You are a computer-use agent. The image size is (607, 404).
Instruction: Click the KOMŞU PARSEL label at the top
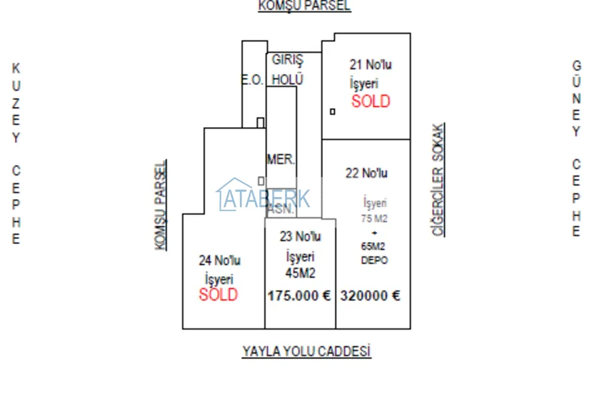click(304, 6)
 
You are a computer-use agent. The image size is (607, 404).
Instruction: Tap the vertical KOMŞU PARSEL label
click(161, 204)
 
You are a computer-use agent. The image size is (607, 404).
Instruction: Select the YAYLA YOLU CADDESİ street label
click(306, 351)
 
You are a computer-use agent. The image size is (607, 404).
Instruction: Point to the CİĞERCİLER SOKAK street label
click(438, 179)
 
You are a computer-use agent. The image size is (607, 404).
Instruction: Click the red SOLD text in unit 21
click(371, 101)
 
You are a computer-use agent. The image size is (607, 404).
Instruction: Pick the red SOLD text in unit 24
click(219, 295)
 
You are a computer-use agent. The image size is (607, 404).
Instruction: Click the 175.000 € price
click(299, 296)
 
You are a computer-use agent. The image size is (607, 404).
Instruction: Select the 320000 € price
click(371, 296)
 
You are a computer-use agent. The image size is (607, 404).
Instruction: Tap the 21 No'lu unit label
click(371, 64)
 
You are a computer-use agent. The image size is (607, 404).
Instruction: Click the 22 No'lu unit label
click(366, 173)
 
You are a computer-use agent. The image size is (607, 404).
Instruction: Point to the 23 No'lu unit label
click(300, 236)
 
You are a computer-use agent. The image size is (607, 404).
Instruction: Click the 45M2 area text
click(301, 273)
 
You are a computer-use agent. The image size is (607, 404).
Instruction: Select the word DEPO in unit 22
click(374, 261)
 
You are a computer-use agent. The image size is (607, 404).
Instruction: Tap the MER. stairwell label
click(281, 159)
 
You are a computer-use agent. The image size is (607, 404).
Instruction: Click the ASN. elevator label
click(281, 210)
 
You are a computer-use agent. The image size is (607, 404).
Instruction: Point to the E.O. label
click(251, 81)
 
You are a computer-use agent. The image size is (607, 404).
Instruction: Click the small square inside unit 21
click(332, 111)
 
